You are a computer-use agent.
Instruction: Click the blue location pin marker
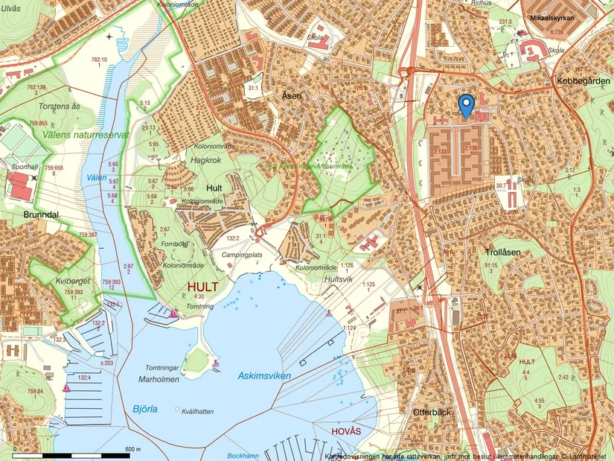pyautogui.click(x=466, y=106)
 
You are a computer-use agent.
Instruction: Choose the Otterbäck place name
pyautogui.click(x=433, y=411)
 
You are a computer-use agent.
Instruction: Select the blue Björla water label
pyautogui.click(x=146, y=408)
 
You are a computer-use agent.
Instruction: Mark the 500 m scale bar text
pyautogui.click(x=134, y=449)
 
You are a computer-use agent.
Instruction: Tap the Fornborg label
pyautogui.click(x=173, y=243)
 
